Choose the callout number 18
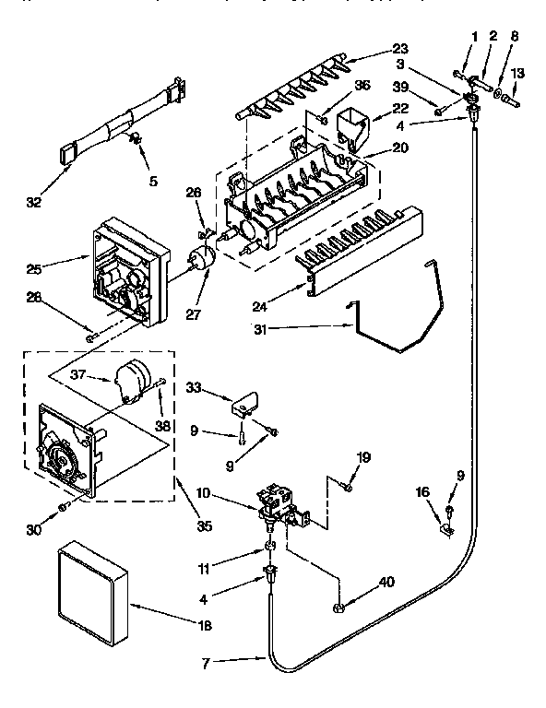[x=205, y=625]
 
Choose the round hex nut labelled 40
[x=338, y=607]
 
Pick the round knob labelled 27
[x=200, y=258]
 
